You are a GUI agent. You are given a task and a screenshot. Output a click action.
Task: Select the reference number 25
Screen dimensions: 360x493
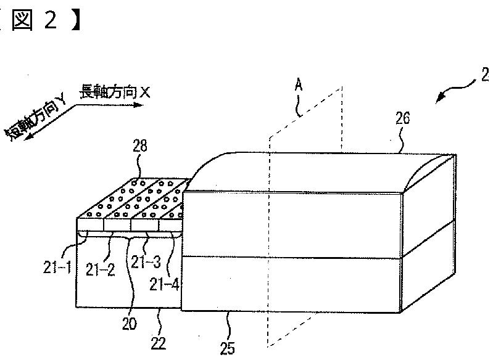228,348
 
